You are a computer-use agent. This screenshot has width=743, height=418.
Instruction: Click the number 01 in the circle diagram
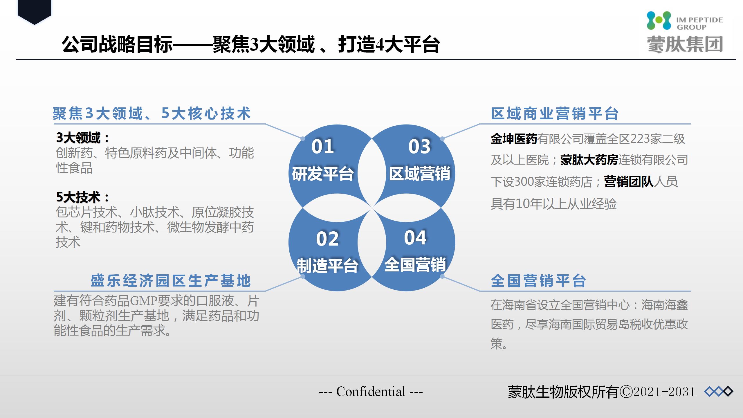click(x=322, y=146)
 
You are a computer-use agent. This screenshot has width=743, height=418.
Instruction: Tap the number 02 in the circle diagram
click(x=327, y=239)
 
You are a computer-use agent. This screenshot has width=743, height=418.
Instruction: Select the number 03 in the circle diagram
click(x=419, y=146)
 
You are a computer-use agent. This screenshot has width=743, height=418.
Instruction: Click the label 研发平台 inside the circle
click(x=323, y=174)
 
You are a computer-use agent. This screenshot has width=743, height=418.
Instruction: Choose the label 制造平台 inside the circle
click(x=327, y=266)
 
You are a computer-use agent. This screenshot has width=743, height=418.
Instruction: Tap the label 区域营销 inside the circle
click(x=419, y=174)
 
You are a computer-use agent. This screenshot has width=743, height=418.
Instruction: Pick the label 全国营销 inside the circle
click(x=415, y=264)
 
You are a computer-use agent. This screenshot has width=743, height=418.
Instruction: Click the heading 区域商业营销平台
click(x=555, y=113)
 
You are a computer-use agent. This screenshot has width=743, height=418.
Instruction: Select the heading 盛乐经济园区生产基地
click(x=171, y=281)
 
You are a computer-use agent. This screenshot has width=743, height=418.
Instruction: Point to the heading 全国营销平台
click(x=538, y=281)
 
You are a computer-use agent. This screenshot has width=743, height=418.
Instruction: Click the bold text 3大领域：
click(x=83, y=138)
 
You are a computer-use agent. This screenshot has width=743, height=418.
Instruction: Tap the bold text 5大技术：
click(x=83, y=197)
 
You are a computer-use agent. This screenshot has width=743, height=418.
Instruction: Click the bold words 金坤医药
click(x=514, y=139)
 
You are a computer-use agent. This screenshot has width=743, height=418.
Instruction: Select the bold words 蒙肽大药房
click(x=589, y=160)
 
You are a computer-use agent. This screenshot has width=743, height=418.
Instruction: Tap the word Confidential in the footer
click(x=371, y=392)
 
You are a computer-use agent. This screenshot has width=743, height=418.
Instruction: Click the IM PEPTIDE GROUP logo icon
click(x=659, y=20)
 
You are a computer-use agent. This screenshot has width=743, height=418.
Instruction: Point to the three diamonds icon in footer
click(x=719, y=392)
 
